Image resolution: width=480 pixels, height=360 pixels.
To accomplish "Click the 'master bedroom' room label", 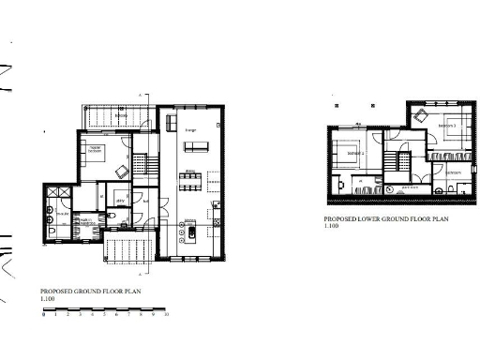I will pyautogui.click(x=95, y=148).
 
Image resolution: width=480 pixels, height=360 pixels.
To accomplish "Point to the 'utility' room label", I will pyautogui.click(x=120, y=200).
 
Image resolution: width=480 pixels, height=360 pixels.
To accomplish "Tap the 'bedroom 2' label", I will pyautogui.click(x=354, y=153).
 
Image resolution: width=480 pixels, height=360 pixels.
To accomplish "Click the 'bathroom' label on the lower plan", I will pyautogui.click(x=452, y=172).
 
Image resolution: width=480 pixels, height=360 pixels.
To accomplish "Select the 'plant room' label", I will pyautogui.click(x=410, y=187).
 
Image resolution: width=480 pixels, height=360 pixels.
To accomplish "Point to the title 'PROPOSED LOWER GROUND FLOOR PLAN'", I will pyautogui.click(x=386, y=217).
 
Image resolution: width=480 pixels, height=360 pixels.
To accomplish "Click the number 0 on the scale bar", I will pyautogui.click(x=43, y=317).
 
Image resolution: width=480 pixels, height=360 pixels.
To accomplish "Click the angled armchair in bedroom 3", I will pyautogui.click(x=423, y=117).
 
